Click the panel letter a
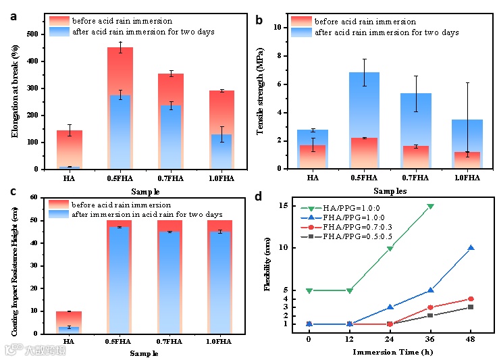coord(14,16)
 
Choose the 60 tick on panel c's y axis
coord(34,197)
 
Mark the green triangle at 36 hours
coord(430,206)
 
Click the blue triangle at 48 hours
coord(471,248)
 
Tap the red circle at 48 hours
coord(471,299)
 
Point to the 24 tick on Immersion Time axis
coord(390,339)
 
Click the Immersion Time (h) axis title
coord(390,351)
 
